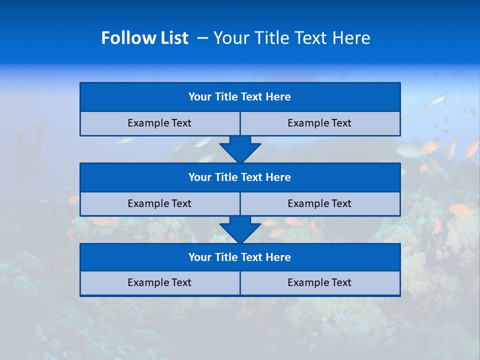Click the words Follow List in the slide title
(x=144, y=38)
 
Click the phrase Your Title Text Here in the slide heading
(x=291, y=38)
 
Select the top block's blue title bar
(x=240, y=97)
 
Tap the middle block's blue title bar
(x=240, y=177)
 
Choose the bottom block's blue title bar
(x=240, y=257)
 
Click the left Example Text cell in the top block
(x=159, y=123)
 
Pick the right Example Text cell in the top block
(x=319, y=123)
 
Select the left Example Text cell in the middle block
(x=159, y=204)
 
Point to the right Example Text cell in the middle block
(x=319, y=204)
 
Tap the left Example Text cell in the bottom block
(x=159, y=283)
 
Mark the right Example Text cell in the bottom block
(x=319, y=283)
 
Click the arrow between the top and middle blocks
(x=240, y=149)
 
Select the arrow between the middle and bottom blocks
(x=240, y=229)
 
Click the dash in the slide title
(x=202, y=38)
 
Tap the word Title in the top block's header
(x=226, y=97)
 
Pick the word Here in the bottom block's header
(x=278, y=257)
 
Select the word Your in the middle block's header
(x=199, y=177)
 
